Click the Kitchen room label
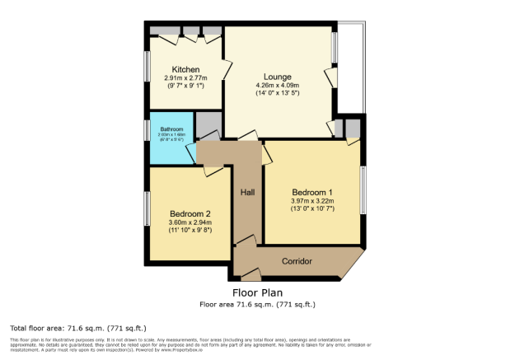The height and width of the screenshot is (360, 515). (x=185, y=69)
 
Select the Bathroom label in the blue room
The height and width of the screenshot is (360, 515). (x=171, y=129)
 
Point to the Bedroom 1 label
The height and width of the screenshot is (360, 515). (x=312, y=192)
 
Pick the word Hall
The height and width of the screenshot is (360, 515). (x=247, y=192)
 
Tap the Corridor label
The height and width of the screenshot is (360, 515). (x=297, y=261)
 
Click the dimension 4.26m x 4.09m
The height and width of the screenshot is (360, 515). (x=276, y=85)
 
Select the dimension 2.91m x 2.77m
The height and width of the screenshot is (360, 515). (x=185, y=78)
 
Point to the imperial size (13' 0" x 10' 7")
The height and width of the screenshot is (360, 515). (x=312, y=209)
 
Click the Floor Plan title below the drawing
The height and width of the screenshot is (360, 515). (x=257, y=292)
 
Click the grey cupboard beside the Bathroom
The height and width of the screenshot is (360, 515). (x=208, y=124)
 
